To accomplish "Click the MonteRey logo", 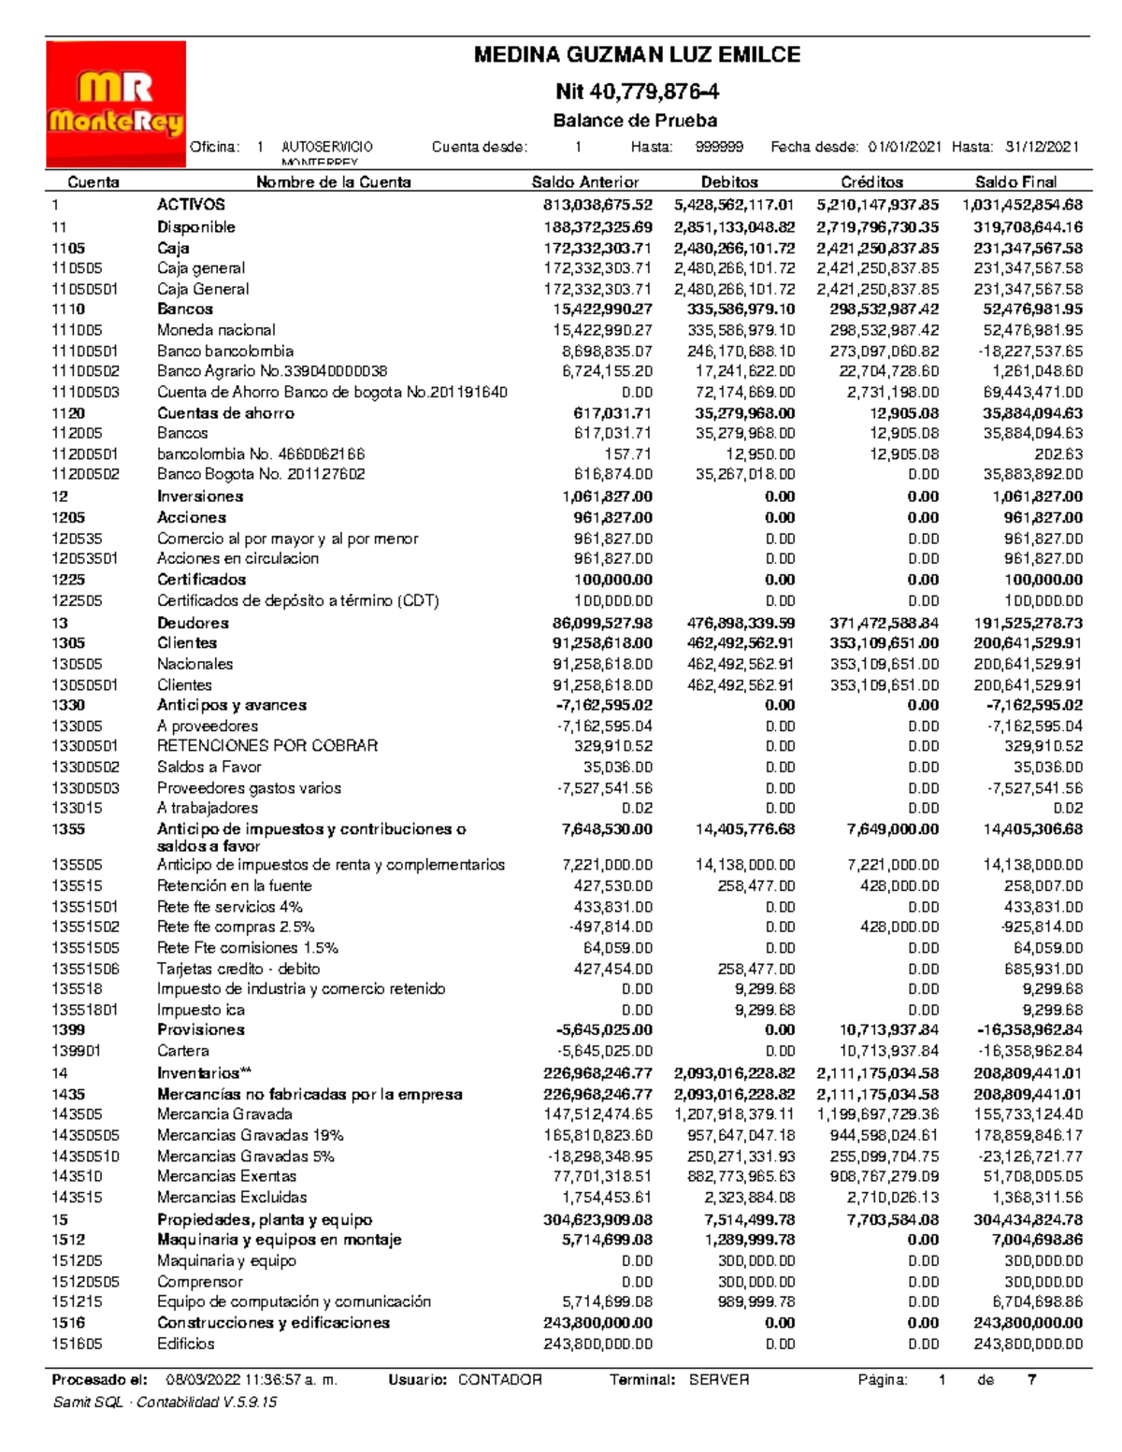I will click(116, 104).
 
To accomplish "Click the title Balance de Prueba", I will click(635, 121).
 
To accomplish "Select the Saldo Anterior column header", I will click(584, 182).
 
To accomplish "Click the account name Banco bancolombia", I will click(225, 352).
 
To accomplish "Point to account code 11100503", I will click(85, 393).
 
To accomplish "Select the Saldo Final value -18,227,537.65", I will click(1028, 352).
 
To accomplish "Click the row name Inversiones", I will click(200, 496).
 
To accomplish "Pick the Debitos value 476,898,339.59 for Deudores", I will click(734, 623).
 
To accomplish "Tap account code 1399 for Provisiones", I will click(68, 1029).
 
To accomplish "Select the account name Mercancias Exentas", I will click(226, 1176).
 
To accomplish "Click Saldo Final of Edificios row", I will click(1028, 1344).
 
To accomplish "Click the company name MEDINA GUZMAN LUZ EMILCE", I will click(637, 55).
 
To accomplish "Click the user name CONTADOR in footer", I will click(499, 1380).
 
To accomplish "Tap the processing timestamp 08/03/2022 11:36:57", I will click(251, 1380).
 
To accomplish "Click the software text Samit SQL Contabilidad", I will click(165, 1402).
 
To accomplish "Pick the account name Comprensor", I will click(199, 1282).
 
